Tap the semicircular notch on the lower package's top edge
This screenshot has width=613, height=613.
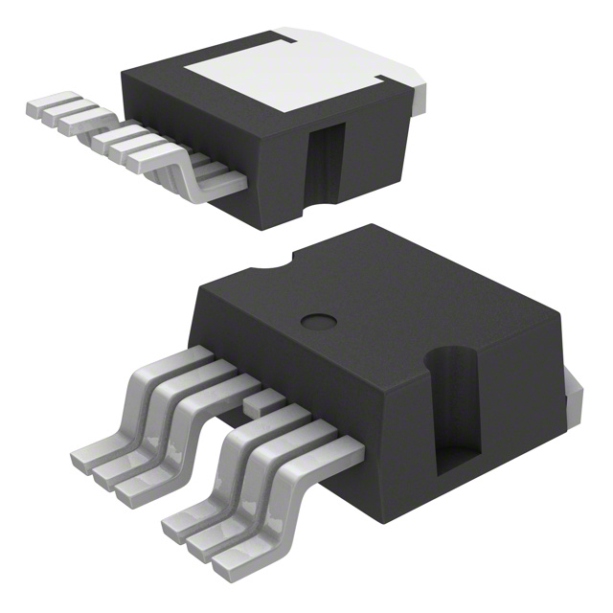click(283, 261)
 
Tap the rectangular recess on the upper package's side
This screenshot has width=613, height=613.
click(323, 163)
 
